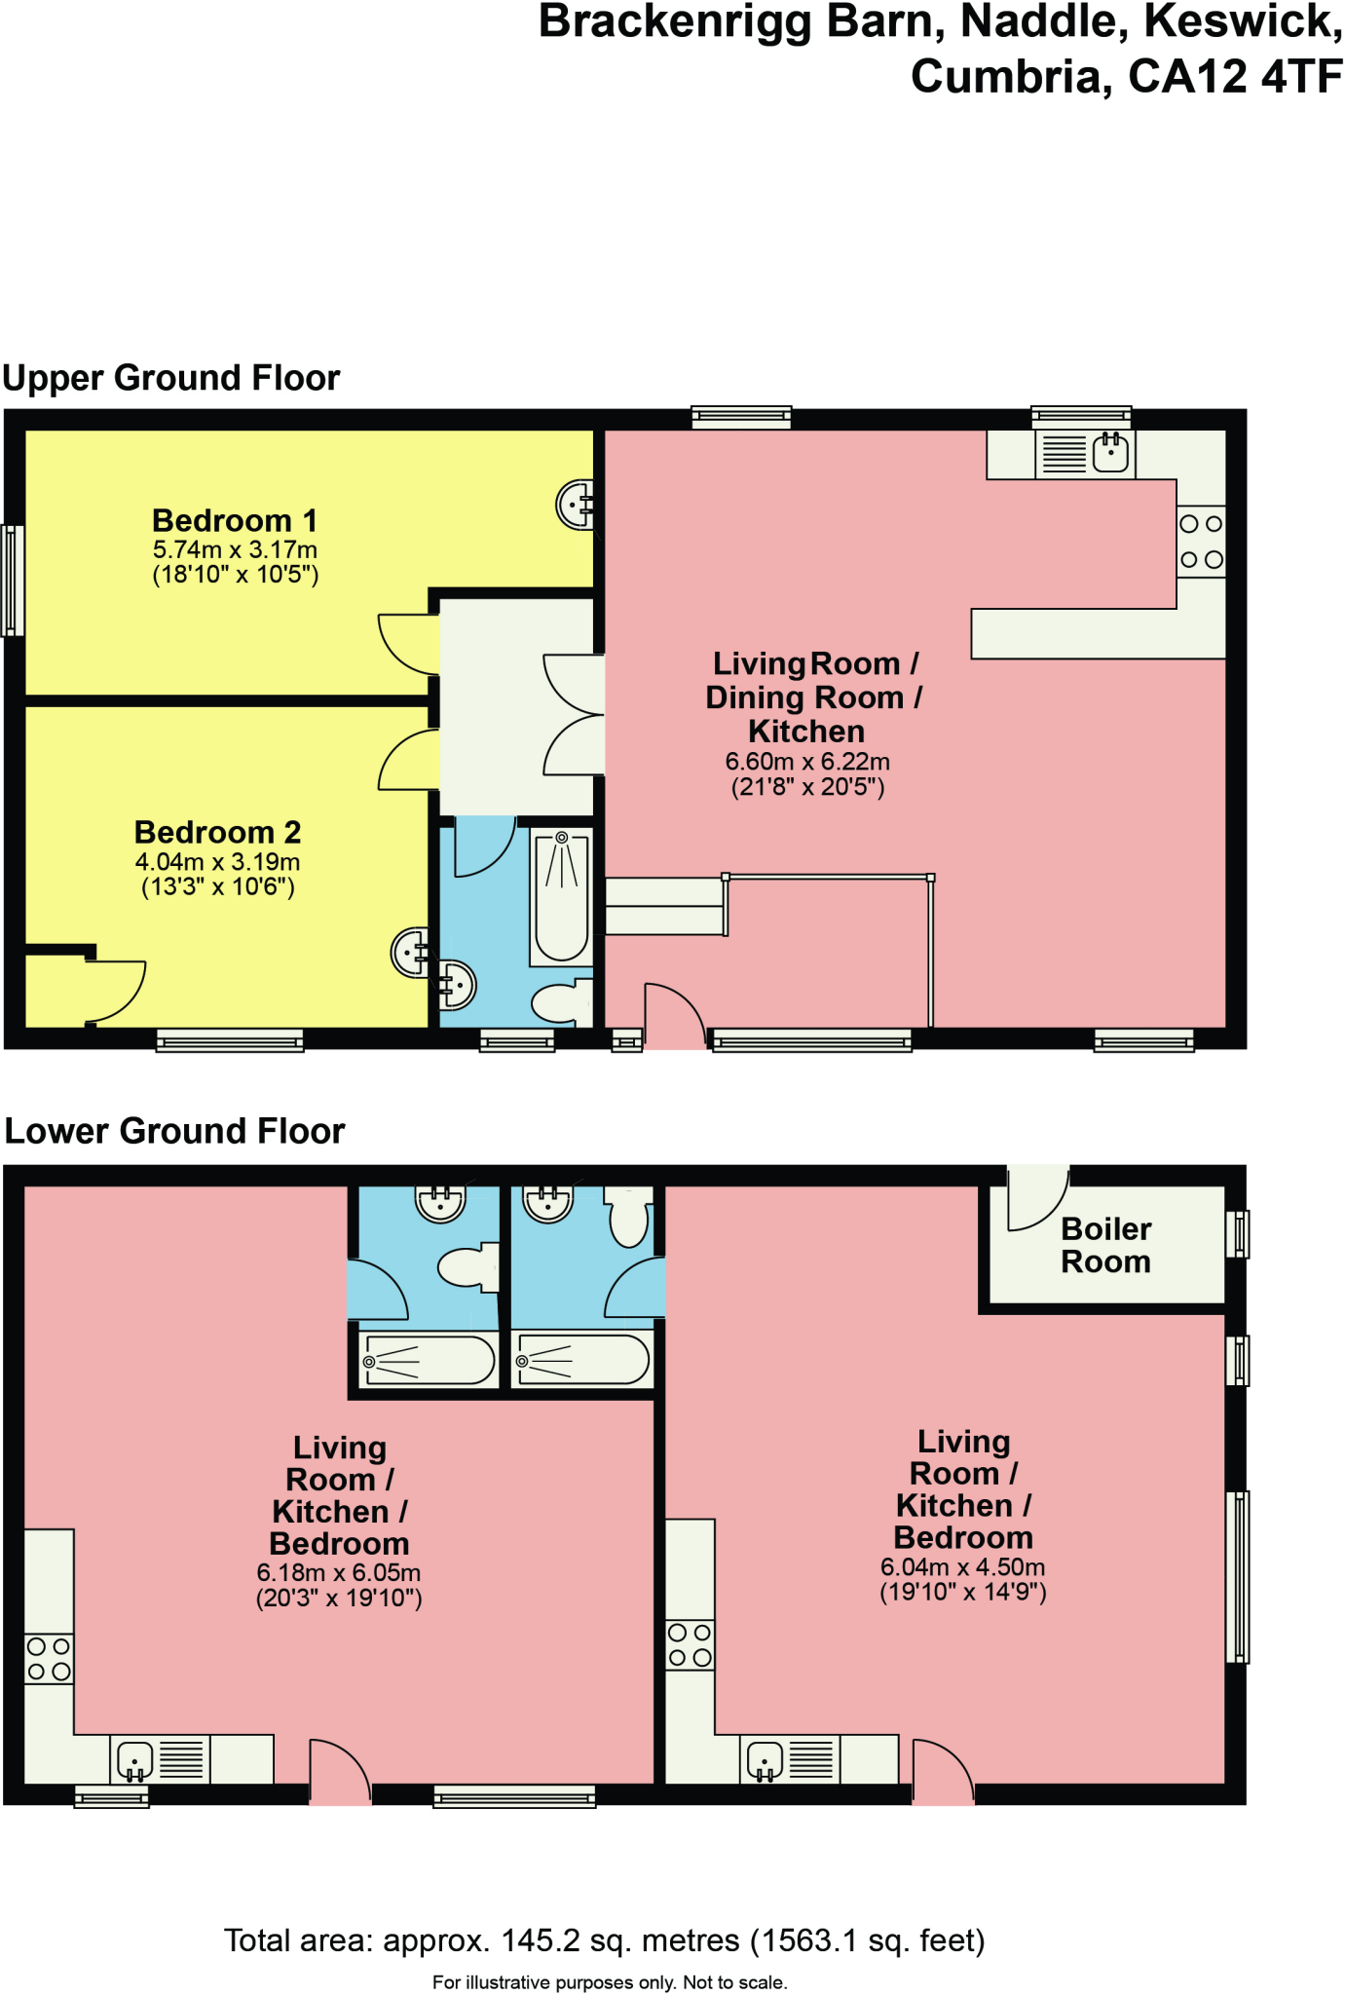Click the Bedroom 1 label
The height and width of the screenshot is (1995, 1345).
[235, 521]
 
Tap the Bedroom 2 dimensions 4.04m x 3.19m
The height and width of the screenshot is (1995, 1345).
[217, 862]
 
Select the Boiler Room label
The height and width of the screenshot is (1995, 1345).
[1105, 1245]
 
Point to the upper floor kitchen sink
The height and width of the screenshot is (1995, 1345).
[1110, 454]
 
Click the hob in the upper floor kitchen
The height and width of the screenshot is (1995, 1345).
[1201, 542]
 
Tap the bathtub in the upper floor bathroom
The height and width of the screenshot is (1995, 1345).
[561, 896]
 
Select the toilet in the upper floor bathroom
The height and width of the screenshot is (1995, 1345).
[563, 1001]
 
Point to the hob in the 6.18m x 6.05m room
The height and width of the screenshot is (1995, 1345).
[49, 1659]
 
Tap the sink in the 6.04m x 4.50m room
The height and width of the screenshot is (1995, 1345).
[766, 1759]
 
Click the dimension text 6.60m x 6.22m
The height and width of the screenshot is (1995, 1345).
[806, 762]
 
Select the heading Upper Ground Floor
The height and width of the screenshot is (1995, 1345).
[171, 378]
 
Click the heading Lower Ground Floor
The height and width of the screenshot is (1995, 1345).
[175, 1131]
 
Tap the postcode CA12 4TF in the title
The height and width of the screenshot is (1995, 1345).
[1235, 76]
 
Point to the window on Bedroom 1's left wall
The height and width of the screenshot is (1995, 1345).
[13, 581]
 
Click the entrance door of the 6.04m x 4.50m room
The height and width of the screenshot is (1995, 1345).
[943, 1771]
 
